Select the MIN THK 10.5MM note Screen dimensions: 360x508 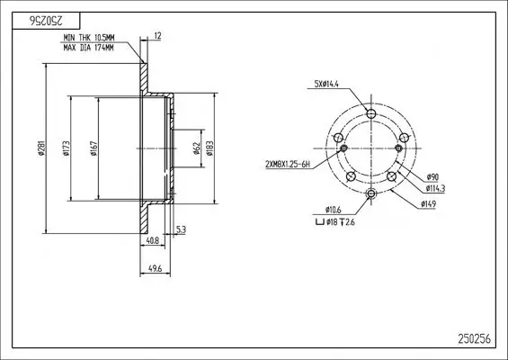90,38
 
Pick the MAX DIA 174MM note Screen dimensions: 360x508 89,47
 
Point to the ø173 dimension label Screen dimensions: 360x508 68,150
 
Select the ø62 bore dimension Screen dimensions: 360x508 196,149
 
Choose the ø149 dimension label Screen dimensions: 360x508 430,204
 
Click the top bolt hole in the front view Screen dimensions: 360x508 372,114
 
